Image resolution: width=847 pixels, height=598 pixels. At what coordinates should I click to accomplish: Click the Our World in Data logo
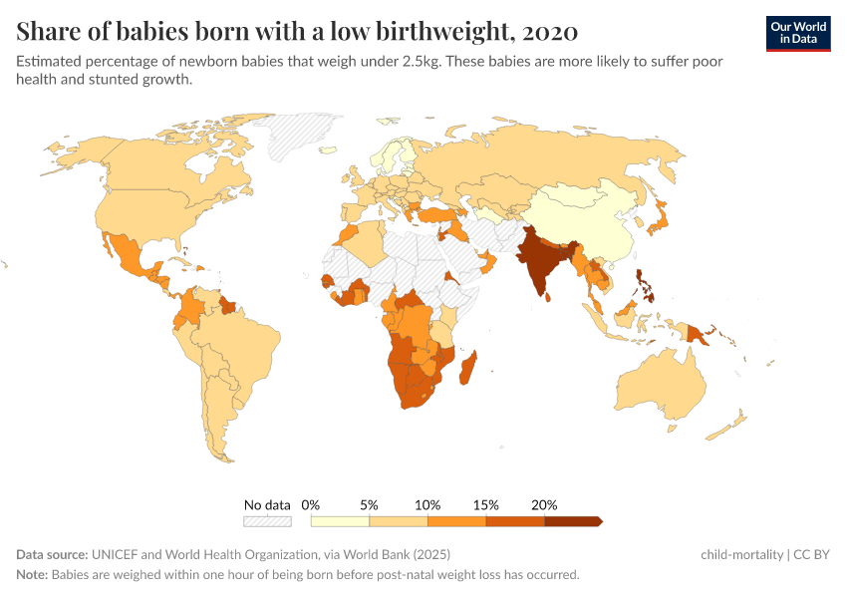tap(798, 33)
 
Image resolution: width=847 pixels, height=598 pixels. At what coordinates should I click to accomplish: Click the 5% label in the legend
tap(369, 505)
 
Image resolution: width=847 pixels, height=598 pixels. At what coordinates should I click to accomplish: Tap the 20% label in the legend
tap(544, 505)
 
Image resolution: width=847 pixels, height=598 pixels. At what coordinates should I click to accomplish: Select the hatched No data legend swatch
tap(267, 521)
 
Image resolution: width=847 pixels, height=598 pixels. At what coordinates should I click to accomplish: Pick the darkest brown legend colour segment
tap(571, 521)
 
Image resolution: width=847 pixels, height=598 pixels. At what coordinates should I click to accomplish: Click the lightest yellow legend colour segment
tap(340, 521)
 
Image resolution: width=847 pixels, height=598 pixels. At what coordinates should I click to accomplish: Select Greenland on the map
tap(304, 135)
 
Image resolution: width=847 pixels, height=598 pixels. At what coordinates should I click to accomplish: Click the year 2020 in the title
tap(549, 31)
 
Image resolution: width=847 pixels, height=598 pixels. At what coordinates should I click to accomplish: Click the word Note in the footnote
tap(31, 575)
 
